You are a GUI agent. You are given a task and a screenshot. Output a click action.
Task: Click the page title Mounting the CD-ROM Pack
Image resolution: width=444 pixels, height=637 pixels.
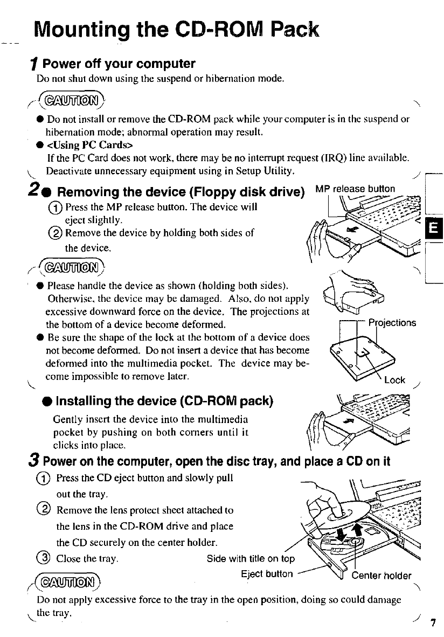point(176,27)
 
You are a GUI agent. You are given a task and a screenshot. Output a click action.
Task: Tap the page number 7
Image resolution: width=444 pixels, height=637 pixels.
point(433,624)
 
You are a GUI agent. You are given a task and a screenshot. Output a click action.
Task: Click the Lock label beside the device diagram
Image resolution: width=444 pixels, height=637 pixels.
point(395,380)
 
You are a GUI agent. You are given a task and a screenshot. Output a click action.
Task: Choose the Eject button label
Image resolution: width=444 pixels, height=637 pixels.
point(268,574)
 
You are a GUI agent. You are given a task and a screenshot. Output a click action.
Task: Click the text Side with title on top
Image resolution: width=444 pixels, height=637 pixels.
point(251,558)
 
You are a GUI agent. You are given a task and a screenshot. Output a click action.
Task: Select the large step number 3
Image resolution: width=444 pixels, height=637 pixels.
point(36,462)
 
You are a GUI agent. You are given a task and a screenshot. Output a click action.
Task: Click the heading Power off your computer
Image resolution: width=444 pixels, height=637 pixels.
point(119,64)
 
